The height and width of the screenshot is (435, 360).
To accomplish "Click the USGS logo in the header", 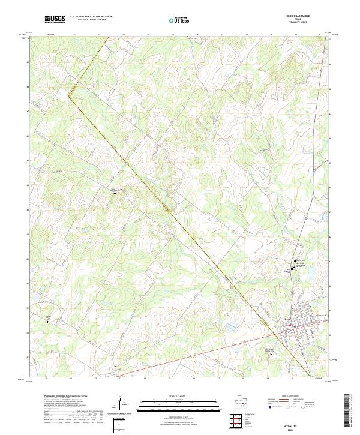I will (55, 20).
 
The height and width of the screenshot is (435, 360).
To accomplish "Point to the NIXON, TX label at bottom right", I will (294, 425).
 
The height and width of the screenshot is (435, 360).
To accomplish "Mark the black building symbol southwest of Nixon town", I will (271, 353).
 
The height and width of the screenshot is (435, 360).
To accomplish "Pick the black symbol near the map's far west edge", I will (47, 320).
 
